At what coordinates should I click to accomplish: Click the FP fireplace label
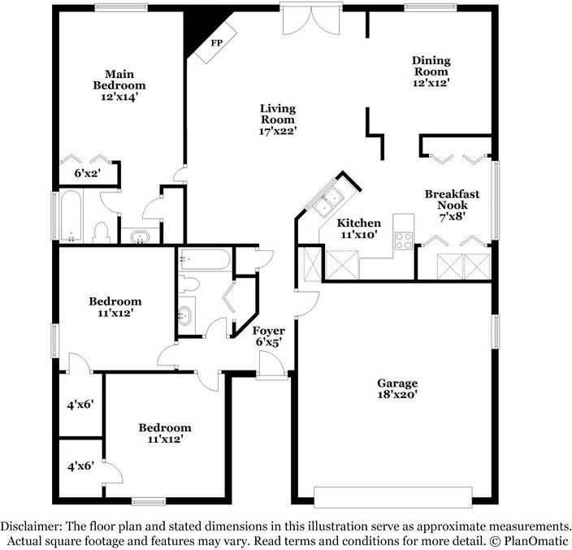[217, 43]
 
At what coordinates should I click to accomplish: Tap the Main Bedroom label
[119, 84]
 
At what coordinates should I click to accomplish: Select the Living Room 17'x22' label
[277, 119]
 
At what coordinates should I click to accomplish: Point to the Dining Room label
[431, 71]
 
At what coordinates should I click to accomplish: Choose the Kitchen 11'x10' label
[359, 228]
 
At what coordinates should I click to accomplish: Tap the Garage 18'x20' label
[396, 389]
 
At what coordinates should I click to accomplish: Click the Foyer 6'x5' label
[268, 336]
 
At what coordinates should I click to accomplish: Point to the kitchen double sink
[330, 201]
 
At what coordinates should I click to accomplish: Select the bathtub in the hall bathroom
[204, 260]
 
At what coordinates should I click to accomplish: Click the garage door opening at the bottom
[393, 496]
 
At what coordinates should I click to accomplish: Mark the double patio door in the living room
[307, 19]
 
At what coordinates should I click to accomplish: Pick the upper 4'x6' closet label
[81, 404]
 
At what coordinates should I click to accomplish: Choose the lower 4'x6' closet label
[81, 466]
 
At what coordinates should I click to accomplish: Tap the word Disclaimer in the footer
[35, 526]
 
